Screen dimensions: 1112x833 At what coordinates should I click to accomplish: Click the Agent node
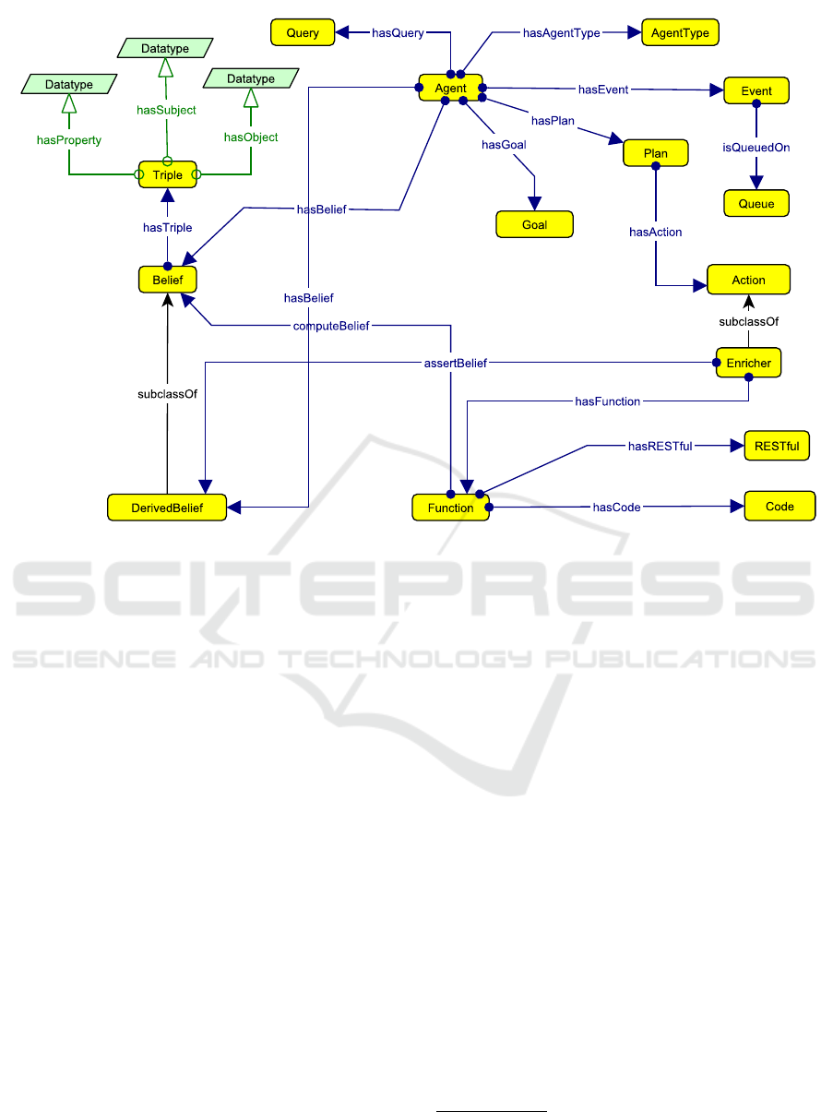click(x=451, y=89)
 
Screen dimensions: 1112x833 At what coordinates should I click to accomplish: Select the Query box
click(x=303, y=33)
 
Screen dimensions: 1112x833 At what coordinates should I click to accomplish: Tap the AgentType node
click(x=679, y=33)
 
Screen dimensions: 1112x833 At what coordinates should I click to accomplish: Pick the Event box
click(x=756, y=91)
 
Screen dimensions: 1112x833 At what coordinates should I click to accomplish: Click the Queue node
click(x=756, y=203)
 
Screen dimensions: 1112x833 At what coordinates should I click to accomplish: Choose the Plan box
click(x=656, y=153)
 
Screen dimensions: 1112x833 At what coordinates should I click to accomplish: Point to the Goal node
click(x=535, y=224)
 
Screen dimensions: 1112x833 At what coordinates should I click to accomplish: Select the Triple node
click(x=168, y=174)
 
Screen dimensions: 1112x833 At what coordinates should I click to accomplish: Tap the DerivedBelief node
click(x=167, y=507)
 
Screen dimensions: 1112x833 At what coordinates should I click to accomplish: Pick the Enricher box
click(x=748, y=363)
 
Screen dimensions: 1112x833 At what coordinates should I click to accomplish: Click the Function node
click(x=450, y=508)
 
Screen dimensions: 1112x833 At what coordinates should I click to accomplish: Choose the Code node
click(x=779, y=507)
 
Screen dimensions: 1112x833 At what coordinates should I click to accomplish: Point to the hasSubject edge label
click(x=166, y=110)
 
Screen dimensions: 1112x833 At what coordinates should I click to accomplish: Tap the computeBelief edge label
click(x=331, y=326)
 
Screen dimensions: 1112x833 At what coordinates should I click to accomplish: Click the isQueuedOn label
click(x=756, y=148)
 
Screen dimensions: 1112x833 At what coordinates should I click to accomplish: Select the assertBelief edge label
click(x=449, y=364)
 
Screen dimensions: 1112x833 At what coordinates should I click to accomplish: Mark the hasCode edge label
click(x=616, y=507)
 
